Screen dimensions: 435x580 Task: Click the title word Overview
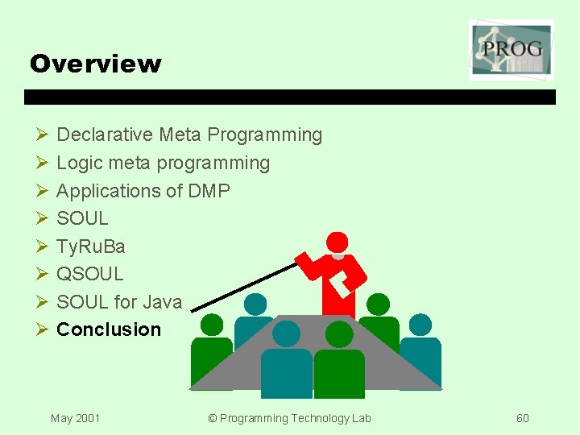(x=95, y=64)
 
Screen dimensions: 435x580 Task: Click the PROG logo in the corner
(x=512, y=50)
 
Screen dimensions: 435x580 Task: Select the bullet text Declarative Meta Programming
(x=188, y=135)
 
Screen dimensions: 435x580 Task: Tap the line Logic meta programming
(x=163, y=163)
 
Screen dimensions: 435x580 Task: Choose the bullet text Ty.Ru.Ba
(x=90, y=246)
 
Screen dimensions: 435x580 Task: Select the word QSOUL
(x=89, y=274)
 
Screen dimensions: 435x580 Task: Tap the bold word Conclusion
(x=109, y=329)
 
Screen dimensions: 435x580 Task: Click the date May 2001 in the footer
(x=75, y=418)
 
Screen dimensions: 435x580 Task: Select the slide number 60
(x=523, y=418)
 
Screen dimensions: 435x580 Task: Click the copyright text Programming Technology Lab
(x=289, y=418)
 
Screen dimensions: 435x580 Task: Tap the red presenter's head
(x=337, y=242)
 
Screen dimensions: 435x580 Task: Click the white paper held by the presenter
(x=342, y=280)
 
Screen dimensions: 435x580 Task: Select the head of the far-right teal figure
(x=420, y=325)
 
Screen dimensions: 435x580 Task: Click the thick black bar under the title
(x=290, y=97)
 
